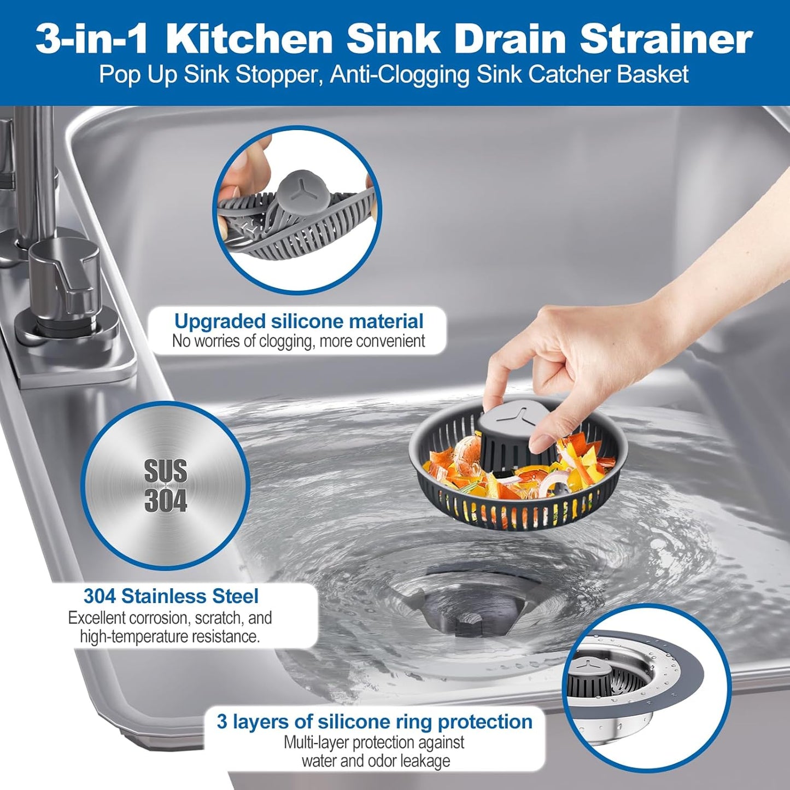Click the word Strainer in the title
point(666,39)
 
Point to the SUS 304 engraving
point(165,486)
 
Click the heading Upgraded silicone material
point(299,321)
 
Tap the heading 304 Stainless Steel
point(171,596)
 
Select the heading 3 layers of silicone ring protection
point(374,722)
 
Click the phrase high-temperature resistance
point(169,636)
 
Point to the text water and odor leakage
point(376,761)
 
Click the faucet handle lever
point(66,268)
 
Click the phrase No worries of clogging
point(241,341)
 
